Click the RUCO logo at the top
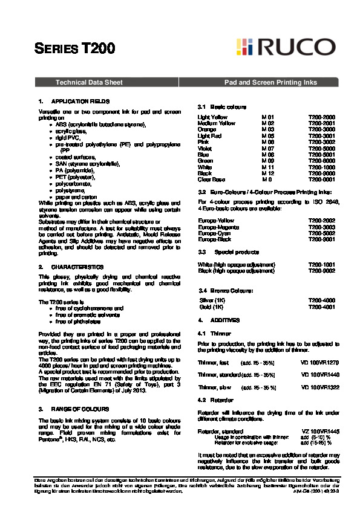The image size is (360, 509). pos(286,47)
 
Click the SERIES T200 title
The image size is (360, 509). pos(71,48)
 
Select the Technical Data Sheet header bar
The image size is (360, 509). pos(89,82)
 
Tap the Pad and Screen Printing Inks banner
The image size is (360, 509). pos(270,82)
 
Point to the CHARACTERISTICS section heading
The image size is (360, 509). pos(77,267)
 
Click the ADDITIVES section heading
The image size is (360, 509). pos(225,319)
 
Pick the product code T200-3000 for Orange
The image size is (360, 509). pos(321,129)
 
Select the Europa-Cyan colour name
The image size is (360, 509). pos(214,233)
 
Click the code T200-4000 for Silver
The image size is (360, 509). pos(321,300)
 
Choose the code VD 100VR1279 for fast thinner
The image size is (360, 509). pos(320,362)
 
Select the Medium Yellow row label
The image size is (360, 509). pos(216,123)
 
